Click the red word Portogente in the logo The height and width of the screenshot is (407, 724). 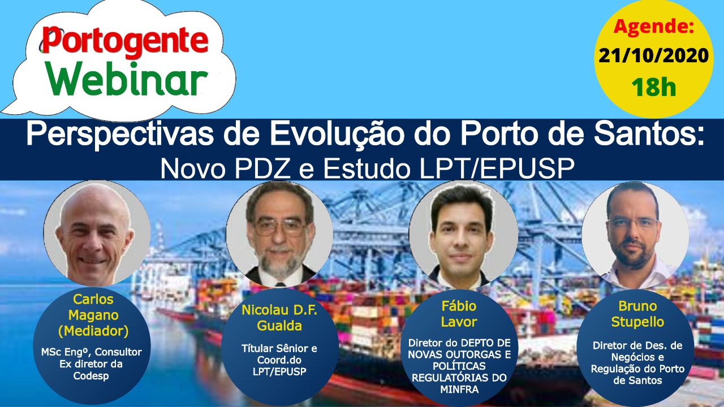(x=124, y=42)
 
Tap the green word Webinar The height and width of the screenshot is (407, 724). (x=126, y=79)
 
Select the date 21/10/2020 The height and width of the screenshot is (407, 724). (x=653, y=55)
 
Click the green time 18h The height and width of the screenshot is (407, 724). (x=653, y=87)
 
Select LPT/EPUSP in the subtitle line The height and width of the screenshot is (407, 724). (x=497, y=168)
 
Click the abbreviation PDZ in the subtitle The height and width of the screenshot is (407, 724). (x=262, y=168)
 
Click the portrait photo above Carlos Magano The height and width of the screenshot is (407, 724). (x=97, y=233)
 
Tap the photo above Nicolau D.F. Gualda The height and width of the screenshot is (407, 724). (x=279, y=234)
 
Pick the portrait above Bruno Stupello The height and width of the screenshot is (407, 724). (x=635, y=236)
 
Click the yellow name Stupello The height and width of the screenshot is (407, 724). (x=637, y=322)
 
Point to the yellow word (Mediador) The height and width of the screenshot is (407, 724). (x=93, y=331)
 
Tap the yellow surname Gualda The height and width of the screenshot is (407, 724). (x=279, y=326)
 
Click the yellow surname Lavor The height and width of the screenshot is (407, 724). (x=459, y=322)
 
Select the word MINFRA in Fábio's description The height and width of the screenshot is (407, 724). (x=459, y=389)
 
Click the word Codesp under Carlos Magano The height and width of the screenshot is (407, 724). (x=91, y=376)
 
